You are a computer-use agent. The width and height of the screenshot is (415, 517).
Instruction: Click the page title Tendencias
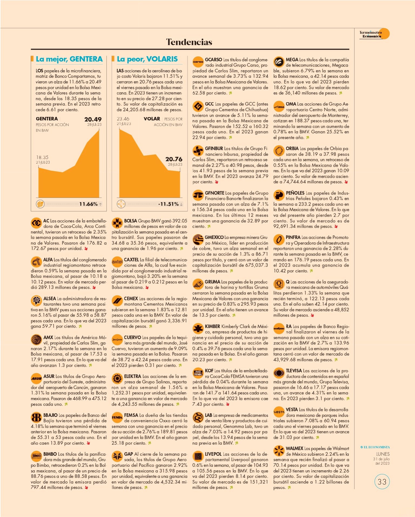(x=189, y=42)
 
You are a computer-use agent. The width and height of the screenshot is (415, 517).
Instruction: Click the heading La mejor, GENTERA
(x=69, y=59)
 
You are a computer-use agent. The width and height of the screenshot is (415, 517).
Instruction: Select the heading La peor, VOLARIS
(x=147, y=59)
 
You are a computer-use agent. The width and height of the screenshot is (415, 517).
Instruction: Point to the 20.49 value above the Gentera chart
(x=93, y=119)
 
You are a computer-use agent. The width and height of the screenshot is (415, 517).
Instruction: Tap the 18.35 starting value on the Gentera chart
(x=42, y=157)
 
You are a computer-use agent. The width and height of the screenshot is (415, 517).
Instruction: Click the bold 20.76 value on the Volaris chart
(x=174, y=159)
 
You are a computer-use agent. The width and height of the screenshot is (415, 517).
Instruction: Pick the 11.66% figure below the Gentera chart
(x=88, y=204)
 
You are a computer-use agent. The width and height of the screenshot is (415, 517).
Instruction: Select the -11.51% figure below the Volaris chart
(x=168, y=204)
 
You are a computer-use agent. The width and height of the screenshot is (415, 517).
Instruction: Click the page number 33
(x=382, y=482)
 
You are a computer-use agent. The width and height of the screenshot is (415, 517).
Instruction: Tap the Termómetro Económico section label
(x=370, y=34)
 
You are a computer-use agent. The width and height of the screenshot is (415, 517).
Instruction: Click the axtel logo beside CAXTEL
(x=117, y=261)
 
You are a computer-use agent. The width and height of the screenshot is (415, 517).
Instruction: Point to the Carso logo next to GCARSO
(x=198, y=62)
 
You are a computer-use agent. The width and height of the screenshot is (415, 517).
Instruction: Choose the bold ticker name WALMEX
(x=294, y=448)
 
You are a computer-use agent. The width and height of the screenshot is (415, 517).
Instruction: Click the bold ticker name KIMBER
(x=212, y=326)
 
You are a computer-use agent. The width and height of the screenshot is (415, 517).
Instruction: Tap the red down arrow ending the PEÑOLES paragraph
(x=336, y=226)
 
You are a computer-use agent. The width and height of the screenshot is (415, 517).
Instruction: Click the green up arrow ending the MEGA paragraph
(x=340, y=93)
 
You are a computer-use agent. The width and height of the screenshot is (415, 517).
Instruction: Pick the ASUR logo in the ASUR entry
(x=36, y=378)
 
